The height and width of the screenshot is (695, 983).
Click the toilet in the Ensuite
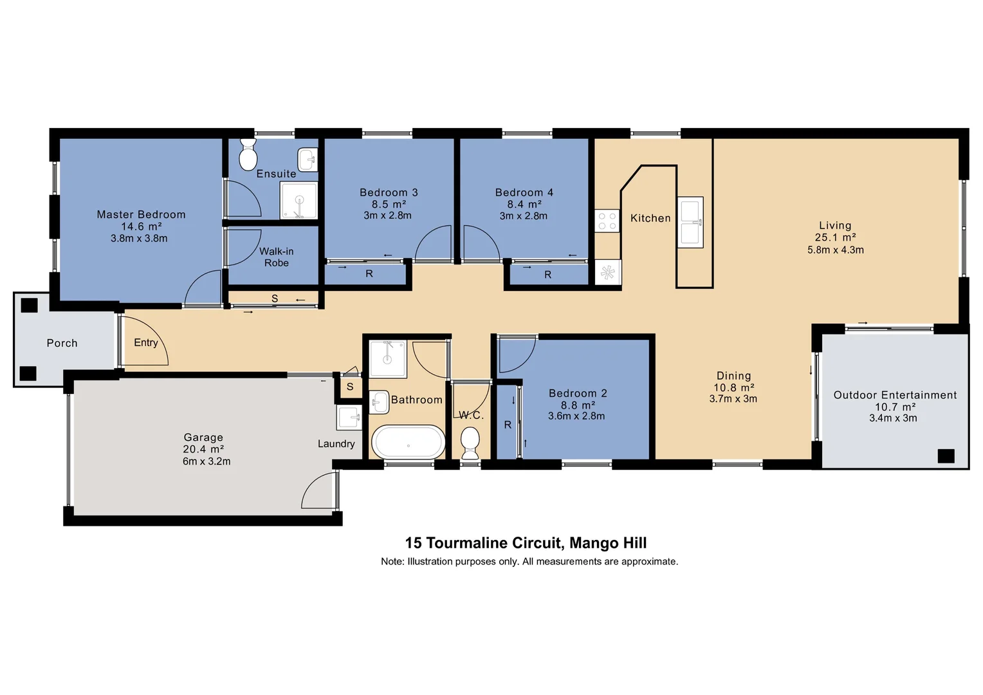point(248,154)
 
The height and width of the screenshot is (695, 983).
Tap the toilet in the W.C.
point(470,443)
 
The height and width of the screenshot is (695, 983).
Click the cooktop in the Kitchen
point(607,221)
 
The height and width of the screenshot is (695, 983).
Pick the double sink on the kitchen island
point(690,222)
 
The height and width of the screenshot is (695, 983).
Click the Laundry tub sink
point(349,418)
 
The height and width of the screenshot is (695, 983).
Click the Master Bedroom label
point(141,214)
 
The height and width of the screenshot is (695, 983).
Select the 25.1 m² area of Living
point(835,237)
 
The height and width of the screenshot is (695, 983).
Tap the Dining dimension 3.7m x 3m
point(733,399)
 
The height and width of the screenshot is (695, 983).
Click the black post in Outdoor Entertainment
point(945,456)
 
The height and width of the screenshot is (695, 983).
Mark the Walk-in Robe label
point(276,257)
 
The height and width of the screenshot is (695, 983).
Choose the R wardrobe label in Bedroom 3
point(369,273)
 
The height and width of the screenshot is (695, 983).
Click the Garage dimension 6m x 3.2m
point(206,461)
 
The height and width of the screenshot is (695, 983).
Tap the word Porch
point(62,343)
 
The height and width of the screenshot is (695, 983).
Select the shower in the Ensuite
point(299,200)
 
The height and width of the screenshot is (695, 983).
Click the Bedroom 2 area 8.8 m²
point(577,405)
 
